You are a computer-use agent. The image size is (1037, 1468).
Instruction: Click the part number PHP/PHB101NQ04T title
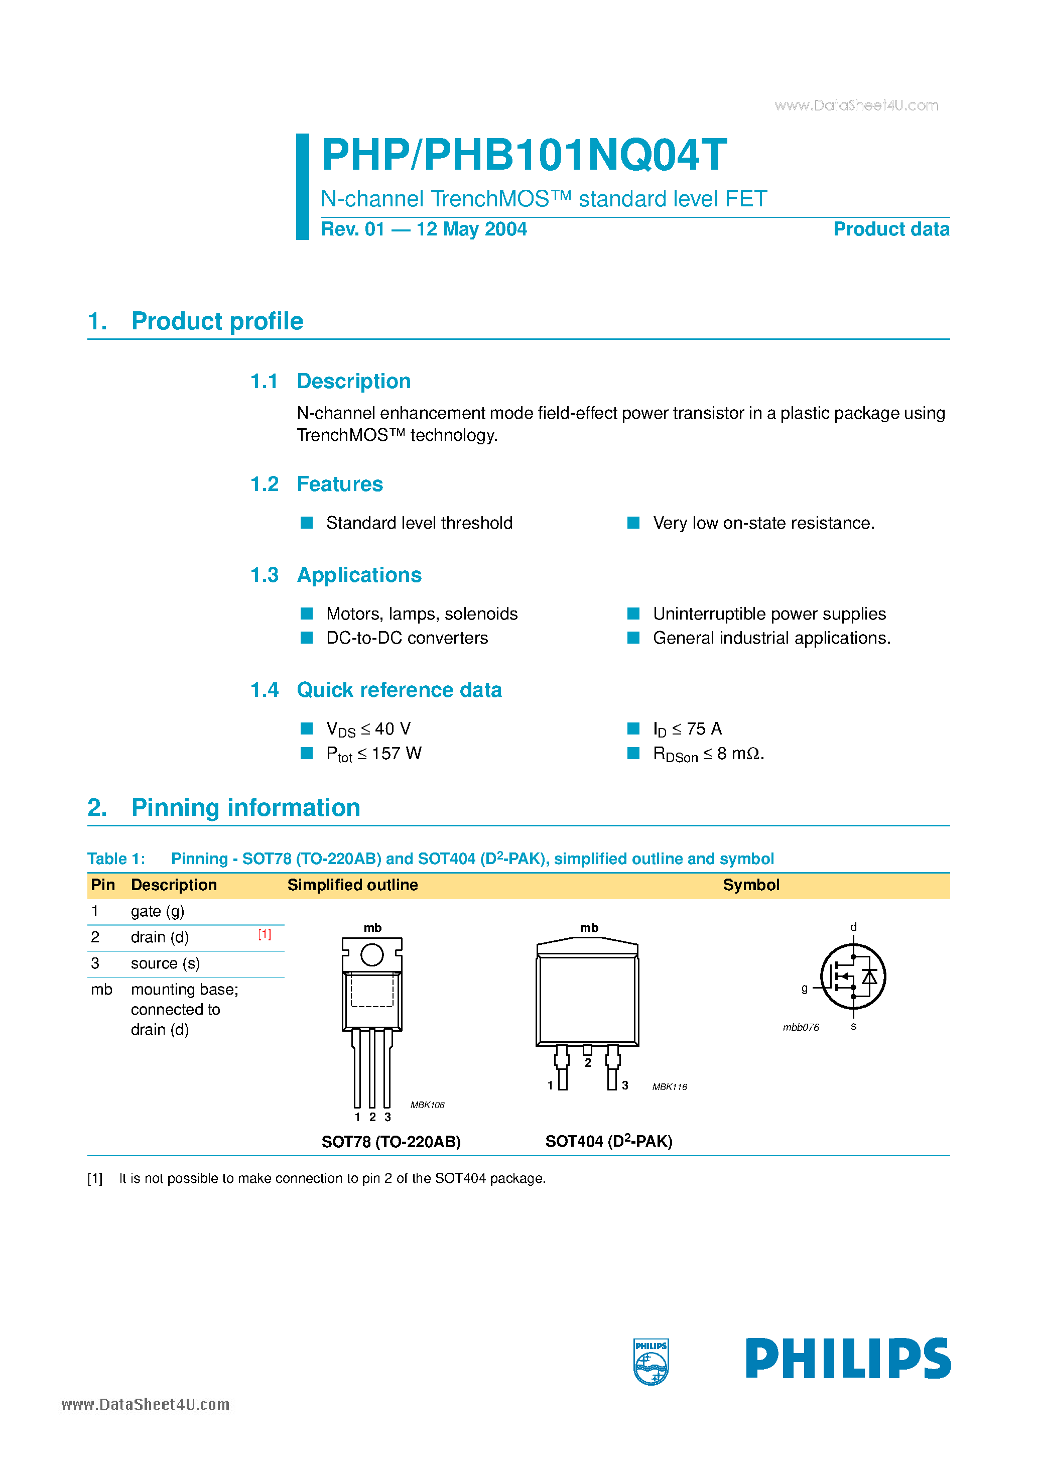click(x=524, y=155)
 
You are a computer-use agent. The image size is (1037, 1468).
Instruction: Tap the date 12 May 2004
click(x=471, y=229)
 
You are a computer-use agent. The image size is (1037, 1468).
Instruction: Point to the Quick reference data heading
click(x=399, y=690)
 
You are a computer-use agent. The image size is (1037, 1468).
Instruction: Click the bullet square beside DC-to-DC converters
click(x=307, y=638)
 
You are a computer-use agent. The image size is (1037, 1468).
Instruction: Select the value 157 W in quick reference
click(x=397, y=753)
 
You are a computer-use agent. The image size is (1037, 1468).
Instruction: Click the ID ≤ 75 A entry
click(x=687, y=729)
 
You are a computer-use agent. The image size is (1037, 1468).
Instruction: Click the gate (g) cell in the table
click(x=157, y=911)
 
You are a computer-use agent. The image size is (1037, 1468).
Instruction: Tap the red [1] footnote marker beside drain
click(x=265, y=935)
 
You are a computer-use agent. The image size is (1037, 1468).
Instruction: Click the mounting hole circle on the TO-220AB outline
click(x=372, y=955)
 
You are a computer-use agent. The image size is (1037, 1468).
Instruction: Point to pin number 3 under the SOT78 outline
click(x=387, y=1117)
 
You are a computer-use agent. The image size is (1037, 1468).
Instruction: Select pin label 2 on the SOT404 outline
click(x=588, y=1063)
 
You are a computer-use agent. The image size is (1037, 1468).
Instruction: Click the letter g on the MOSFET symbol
click(x=804, y=989)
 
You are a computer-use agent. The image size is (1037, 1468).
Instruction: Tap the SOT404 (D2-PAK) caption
click(x=609, y=1141)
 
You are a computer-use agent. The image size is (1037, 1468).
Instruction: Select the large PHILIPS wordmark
click(x=848, y=1359)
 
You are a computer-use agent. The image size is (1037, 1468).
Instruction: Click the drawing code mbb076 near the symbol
click(x=801, y=1028)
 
